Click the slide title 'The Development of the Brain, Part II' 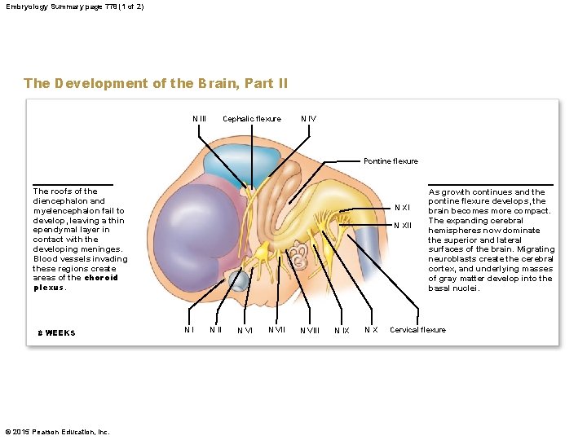coord(156,83)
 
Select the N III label coord(199,119)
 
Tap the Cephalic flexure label coord(251,119)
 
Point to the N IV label coord(308,119)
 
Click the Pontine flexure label coord(391,161)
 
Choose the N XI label coord(402,207)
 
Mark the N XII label coord(403,226)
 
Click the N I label coord(188,330)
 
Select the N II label coord(215,330)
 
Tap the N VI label coord(245,331)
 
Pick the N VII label coord(276,330)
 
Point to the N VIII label coord(310,331)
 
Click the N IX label coord(342,331)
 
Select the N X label coord(370,330)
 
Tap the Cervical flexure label coord(417,330)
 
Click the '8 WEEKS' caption coord(56,332)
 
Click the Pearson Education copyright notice coord(57,432)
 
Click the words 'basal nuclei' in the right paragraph coord(456,288)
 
